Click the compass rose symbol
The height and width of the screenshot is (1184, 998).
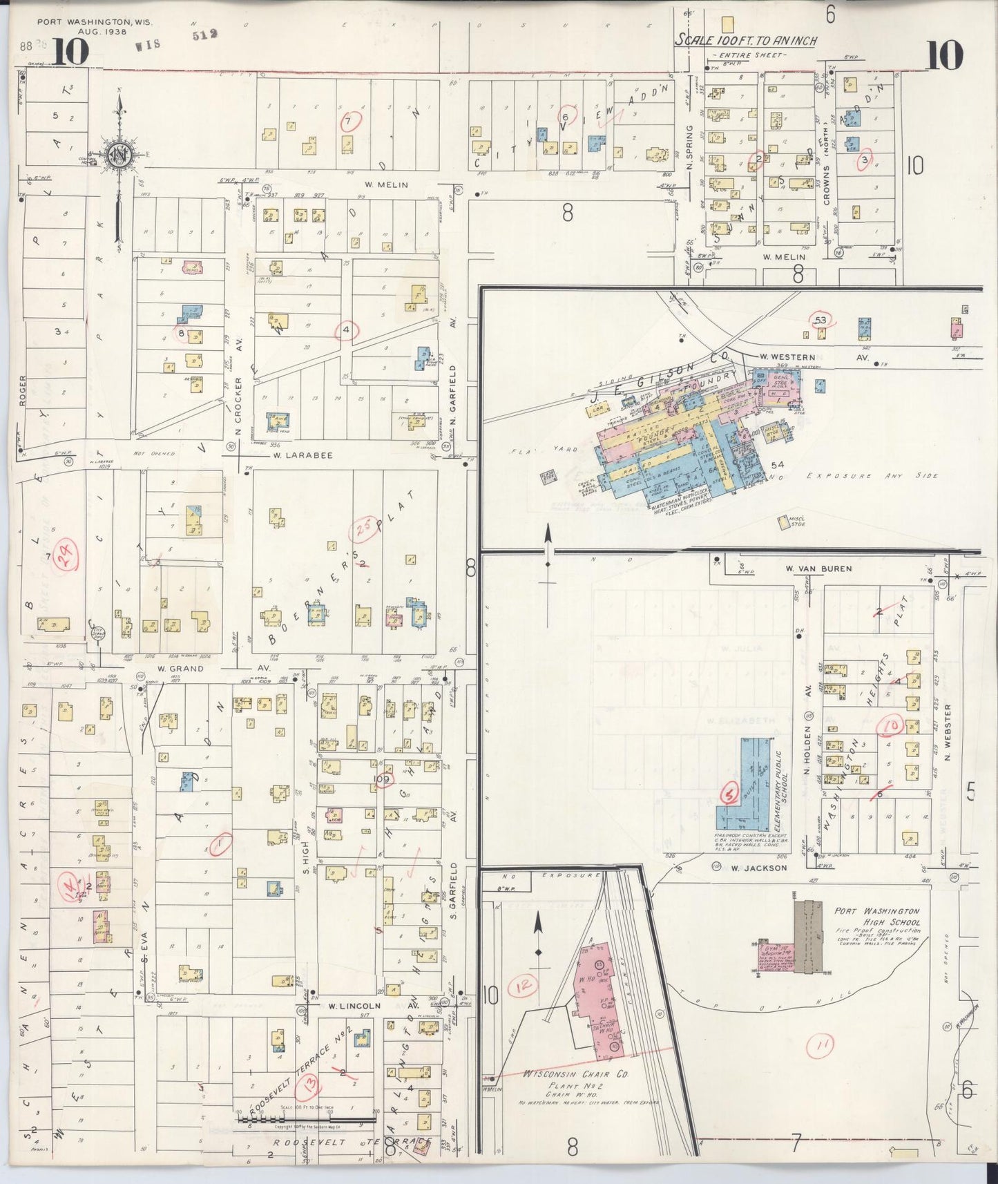coord(119,152)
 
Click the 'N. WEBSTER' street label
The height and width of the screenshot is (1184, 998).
coord(948,729)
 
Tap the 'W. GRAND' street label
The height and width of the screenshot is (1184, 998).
coord(181,669)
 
